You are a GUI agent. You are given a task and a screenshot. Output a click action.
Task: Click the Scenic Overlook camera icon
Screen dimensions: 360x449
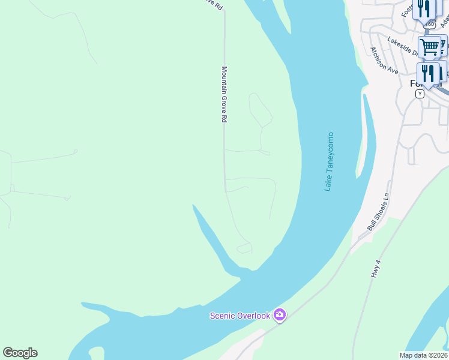pyautogui.click(x=279, y=315)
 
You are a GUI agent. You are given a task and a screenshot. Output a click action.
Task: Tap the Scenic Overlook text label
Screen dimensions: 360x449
pyautogui.click(x=240, y=316)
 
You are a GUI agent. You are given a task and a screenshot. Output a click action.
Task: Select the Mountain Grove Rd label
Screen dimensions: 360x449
pyautogui.click(x=224, y=95)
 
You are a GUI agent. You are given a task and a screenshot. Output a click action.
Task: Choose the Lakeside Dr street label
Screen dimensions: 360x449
pyautogui.click(x=402, y=46)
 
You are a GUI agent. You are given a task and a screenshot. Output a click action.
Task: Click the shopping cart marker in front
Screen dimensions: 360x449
pyautogui.click(x=429, y=47)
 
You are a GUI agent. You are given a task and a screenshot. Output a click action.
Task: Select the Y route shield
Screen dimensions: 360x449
pyautogui.click(x=420, y=94)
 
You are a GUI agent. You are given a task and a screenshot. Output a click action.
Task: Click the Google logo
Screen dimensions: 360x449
pyautogui.click(x=20, y=353)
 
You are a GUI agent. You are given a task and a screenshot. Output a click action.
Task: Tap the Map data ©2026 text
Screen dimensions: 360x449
pyautogui.click(x=423, y=355)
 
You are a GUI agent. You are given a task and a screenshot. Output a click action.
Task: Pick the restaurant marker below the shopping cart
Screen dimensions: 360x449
pyautogui.click(x=428, y=74)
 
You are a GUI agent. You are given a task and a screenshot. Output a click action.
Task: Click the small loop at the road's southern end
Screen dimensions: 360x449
pyautogui.click(x=244, y=248)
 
